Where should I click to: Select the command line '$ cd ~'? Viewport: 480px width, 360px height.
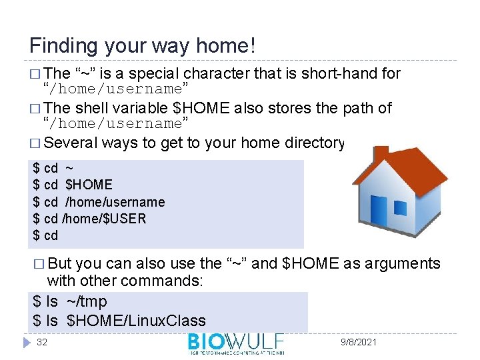pos(53,168)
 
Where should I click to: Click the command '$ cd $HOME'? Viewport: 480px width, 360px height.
pos(73,185)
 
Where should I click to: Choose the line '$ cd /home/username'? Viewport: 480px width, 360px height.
pos(99,201)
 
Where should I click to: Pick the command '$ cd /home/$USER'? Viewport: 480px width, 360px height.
pos(89,218)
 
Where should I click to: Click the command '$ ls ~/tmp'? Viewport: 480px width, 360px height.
pos(69,302)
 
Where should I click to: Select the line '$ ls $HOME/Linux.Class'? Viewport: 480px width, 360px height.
pos(119,321)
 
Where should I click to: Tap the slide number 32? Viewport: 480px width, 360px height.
pos(42,342)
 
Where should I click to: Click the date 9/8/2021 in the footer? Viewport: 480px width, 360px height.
pos(358,342)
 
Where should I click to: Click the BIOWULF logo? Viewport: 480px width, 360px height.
pos(236,343)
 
